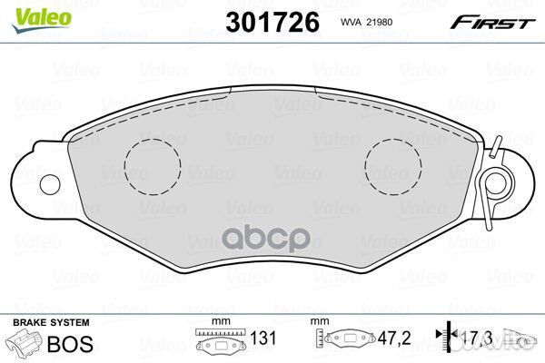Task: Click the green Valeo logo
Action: tap(41, 20)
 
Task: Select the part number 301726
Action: tap(272, 22)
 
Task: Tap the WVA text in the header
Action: tap(352, 22)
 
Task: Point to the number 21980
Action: tap(381, 22)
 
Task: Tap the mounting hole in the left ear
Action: tap(50, 184)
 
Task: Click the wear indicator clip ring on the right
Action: tap(494, 183)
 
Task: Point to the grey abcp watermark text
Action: tap(266, 238)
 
